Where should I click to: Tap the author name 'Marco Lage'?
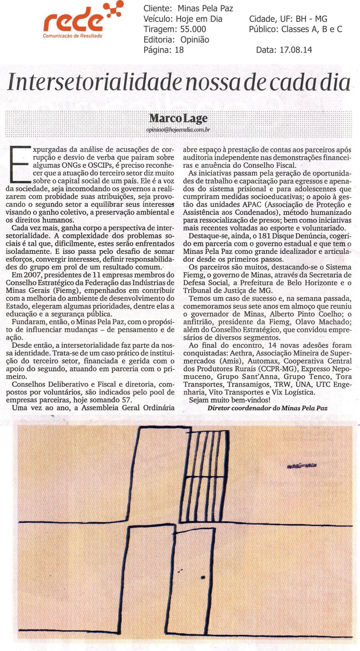click(178, 118)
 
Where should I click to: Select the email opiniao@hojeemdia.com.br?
click(178, 130)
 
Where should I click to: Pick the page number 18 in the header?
click(179, 50)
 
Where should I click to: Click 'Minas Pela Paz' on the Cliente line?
click(205, 8)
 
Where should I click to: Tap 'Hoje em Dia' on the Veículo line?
click(200, 19)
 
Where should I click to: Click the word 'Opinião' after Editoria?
click(195, 40)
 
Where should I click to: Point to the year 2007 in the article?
click(32, 275)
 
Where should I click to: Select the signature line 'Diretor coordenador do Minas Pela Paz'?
click(267, 408)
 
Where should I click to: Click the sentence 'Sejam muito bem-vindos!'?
click(229, 400)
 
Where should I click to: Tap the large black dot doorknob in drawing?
click(203, 577)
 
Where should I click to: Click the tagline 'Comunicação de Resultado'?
click(72, 36)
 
